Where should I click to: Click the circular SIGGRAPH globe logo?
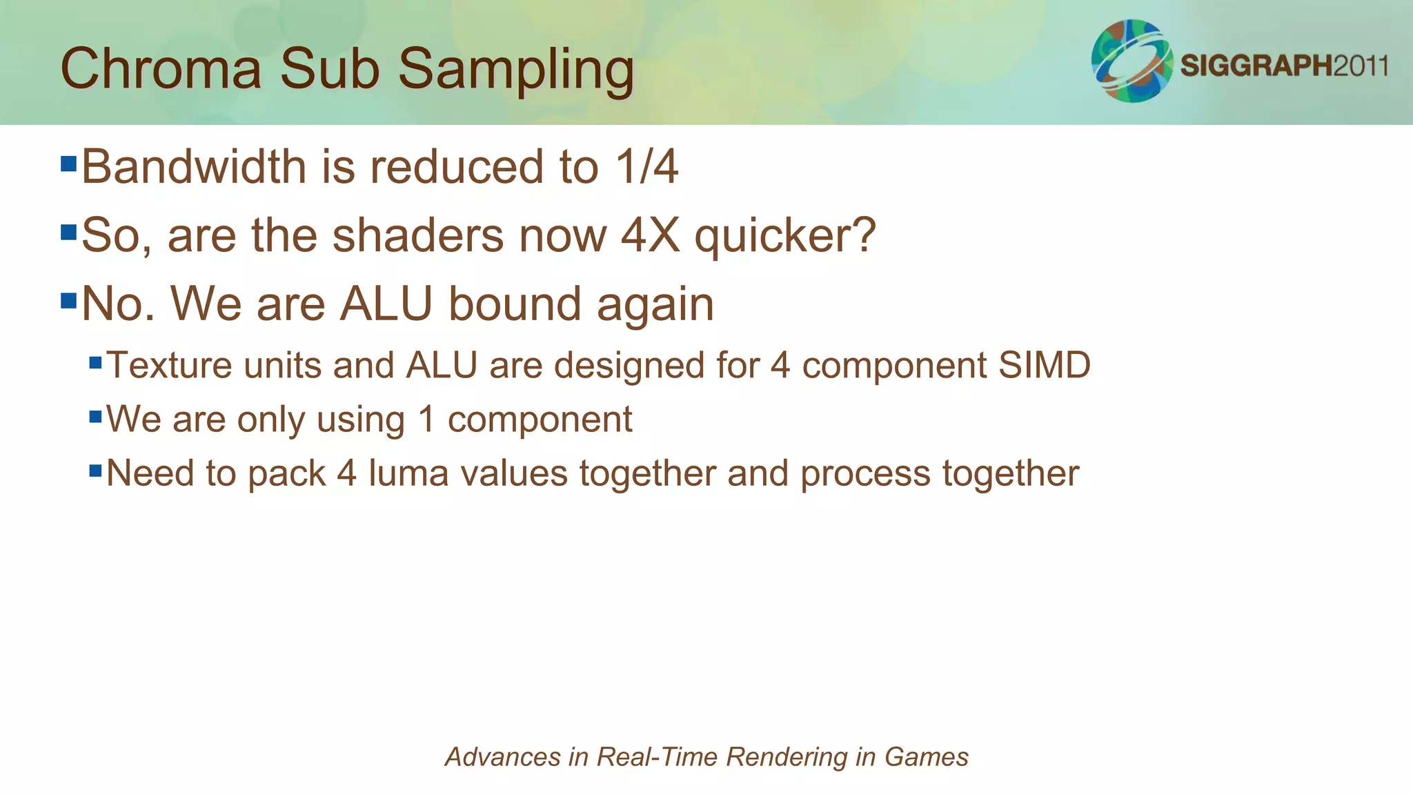(1132, 61)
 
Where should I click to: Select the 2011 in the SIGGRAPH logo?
(1360, 66)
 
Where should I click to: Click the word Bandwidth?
(194, 167)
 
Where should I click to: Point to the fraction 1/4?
(646, 167)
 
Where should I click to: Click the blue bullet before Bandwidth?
(68, 164)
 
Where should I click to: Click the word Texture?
(170, 365)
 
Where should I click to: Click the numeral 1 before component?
(427, 419)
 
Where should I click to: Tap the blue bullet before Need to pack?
(95, 471)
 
